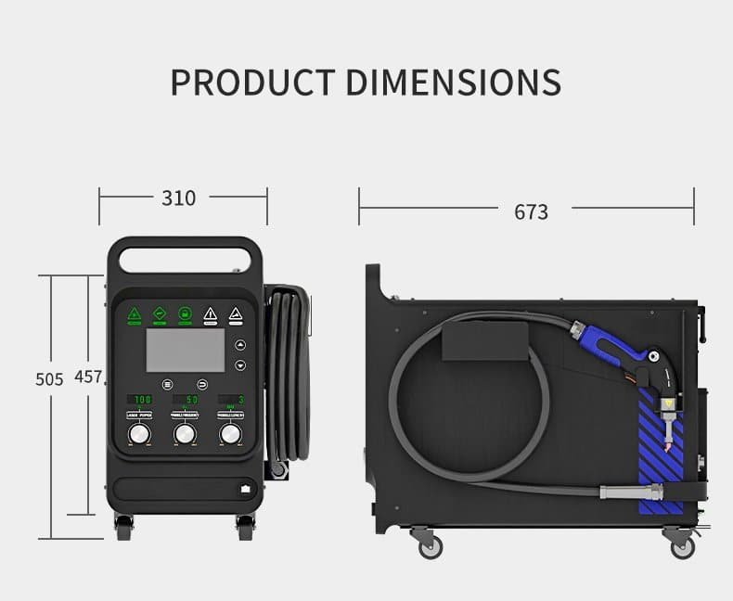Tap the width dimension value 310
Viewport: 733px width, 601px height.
tap(179, 198)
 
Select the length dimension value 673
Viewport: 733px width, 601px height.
tap(531, 211)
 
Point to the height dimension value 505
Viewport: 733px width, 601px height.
tap(49, 378)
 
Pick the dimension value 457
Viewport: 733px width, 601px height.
tap(89, 377)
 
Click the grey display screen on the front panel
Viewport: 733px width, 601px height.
tap(186, 351)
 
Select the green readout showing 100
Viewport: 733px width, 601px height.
tap(140, 400)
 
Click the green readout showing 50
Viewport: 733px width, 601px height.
tap(186, 400)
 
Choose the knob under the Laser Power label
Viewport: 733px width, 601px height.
tap(139, 435)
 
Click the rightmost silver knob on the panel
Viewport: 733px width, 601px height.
tap(229, 435)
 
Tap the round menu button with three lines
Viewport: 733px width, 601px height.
tap(168, 383)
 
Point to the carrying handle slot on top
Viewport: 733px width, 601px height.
tap(181, 255)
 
